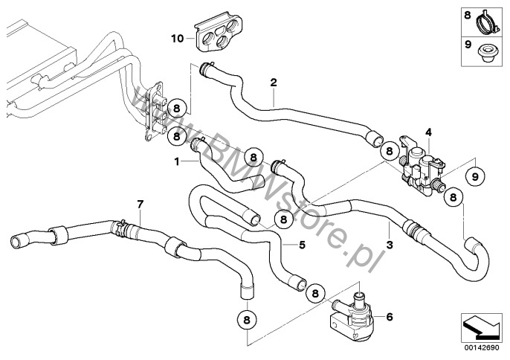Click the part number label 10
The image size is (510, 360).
(175, 36)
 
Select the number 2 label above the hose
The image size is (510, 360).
(274, 83)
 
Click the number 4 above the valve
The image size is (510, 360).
(427, 132)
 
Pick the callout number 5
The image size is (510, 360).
(302, 244)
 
